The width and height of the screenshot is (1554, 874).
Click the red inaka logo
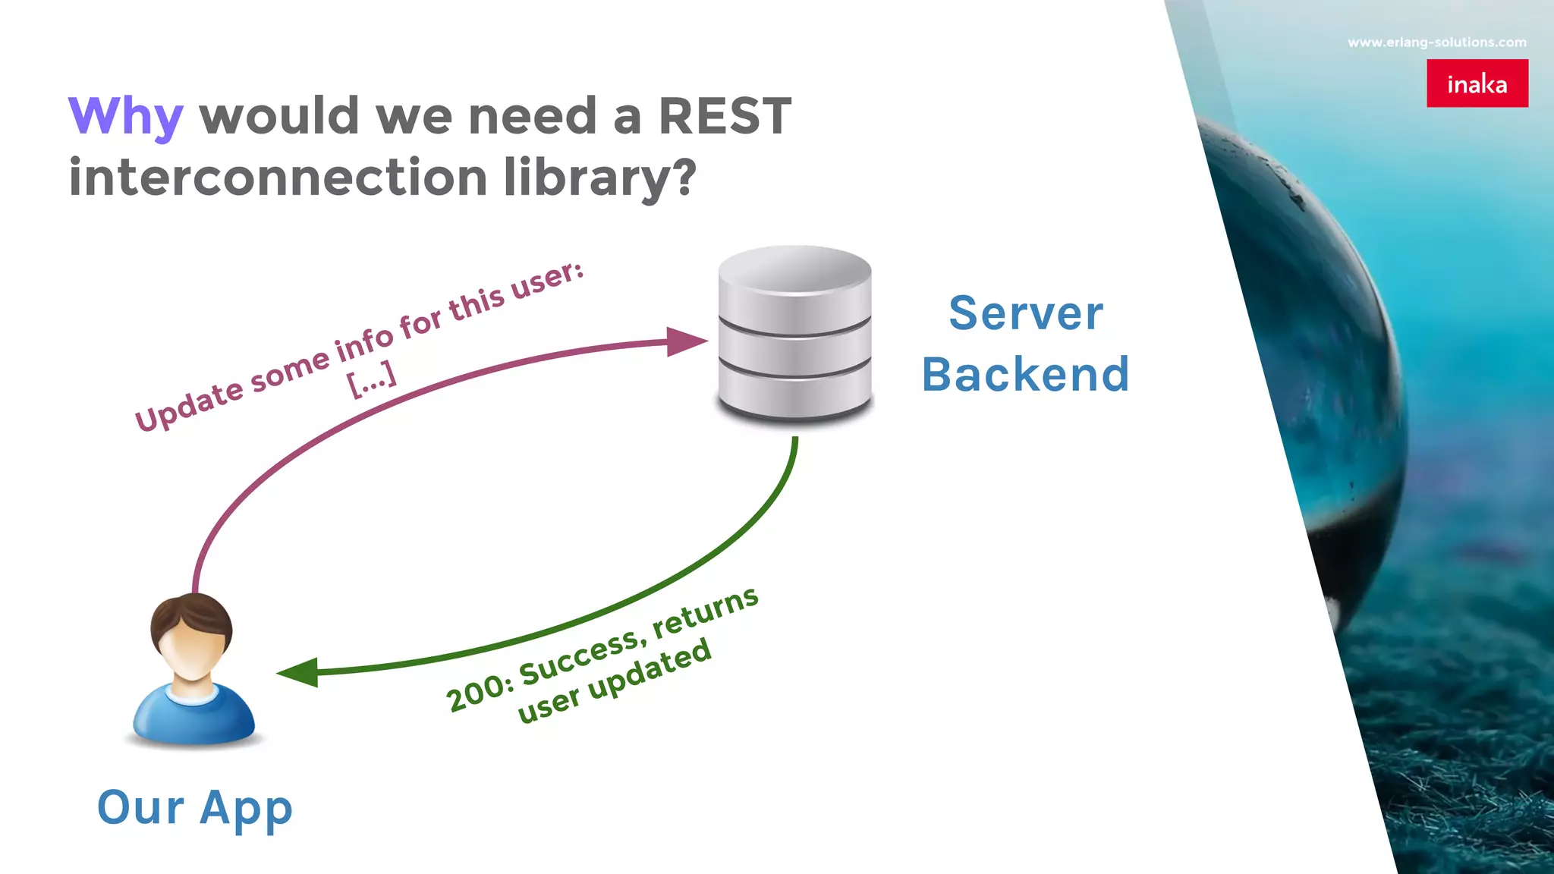pos(1477,83)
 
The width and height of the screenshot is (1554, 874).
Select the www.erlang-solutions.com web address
pos(1436,42)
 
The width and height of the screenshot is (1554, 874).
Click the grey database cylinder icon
pos(794,334)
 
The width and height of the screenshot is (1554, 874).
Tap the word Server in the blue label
pos(1026,313)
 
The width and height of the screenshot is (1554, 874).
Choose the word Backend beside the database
pos(1026,374)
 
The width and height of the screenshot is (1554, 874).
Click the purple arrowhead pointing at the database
pos(684,341)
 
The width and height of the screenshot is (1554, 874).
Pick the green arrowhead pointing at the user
pos(299,672)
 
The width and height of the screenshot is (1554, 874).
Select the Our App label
pos(195,807)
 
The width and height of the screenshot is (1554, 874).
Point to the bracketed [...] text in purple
pos(372,379)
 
